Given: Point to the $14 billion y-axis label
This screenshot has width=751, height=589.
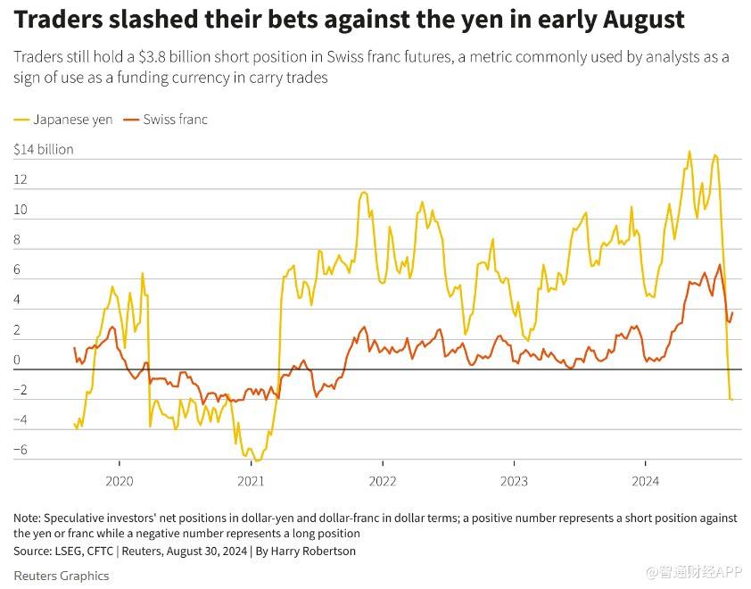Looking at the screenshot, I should pyautogui.click(x=44, y=149).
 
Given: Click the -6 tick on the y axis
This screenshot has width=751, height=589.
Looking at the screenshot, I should pyautogui.click(x=21, y=450).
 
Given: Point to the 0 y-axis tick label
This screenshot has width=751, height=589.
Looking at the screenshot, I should pyautogui.click(x=17, y=361).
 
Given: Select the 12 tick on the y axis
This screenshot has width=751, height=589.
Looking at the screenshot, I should pyautogui.click(x=21, y=180).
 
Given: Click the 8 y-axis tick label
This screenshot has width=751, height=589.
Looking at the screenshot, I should pyautogui.click(x=18, y=240).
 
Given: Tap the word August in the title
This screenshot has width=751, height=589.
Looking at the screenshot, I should pyautogui.click(x=636, y=20).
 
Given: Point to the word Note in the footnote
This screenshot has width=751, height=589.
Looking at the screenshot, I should pyautogui.click(x=27, y=518).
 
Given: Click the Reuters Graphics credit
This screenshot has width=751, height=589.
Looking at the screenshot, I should pyautogui.click(x=62, y=576).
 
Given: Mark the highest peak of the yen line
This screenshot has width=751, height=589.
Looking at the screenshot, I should pyautogui.click(x=689, y=152).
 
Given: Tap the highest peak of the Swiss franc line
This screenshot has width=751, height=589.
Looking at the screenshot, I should pyautogui.click(x=720, y=264).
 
